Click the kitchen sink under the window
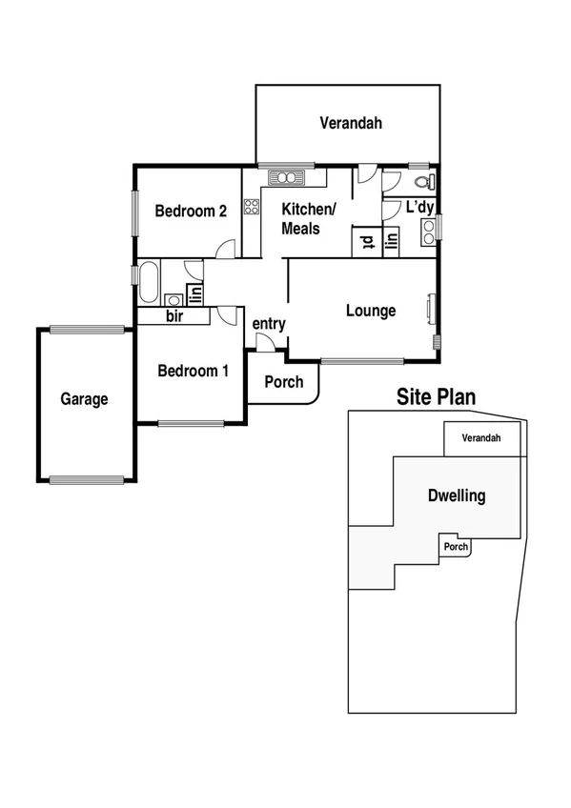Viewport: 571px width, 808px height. point(285,176)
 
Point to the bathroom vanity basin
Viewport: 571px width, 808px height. point(173,295)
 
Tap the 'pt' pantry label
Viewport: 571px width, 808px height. point(366,242)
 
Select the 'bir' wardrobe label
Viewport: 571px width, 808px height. point(174,315)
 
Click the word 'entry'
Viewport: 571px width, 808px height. point(269,324)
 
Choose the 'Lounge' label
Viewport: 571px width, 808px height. point(370,311)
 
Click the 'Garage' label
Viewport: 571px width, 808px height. point(84,399)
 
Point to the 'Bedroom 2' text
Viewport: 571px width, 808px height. point(190,212)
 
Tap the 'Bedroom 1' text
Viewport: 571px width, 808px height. point(193,371)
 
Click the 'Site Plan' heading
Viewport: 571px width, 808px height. point(436,397)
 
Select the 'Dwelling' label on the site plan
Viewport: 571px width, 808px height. point(457,495)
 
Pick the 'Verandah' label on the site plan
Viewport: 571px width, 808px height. point(481,438)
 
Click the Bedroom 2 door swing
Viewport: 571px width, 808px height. point(227,249)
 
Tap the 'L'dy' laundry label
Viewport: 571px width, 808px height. point(419,207)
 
